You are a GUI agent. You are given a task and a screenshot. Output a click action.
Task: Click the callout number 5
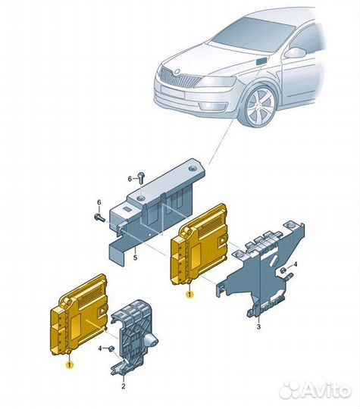[135, 258]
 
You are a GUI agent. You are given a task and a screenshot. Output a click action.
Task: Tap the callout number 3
[258, 326]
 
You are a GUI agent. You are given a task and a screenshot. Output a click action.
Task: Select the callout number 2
[124, 386]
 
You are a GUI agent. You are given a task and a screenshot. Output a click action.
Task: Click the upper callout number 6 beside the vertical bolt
[130, 179]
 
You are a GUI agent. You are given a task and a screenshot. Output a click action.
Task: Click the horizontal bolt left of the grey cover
[99, 217]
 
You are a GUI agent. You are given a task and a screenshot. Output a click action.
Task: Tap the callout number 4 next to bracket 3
[296, 264]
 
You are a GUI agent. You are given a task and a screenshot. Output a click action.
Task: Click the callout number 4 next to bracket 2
[100, 348]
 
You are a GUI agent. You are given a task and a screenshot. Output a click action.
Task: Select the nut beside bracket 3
[283, 270]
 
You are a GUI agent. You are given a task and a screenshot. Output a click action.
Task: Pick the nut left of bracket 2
[111, 348]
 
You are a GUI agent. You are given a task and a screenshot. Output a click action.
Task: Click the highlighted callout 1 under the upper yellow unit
[189, 295]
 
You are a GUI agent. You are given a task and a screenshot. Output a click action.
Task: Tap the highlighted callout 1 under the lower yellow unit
[70, 365]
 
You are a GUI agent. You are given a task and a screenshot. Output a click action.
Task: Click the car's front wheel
[260, 107]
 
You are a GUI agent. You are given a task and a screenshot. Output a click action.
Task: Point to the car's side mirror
[295, 53]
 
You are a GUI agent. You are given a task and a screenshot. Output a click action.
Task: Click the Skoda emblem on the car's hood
[177, 71]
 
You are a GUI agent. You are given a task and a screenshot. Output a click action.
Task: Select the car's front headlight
[217, 82]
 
